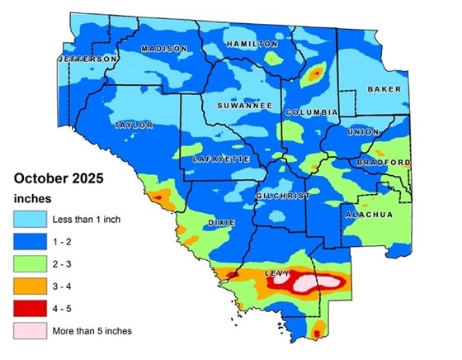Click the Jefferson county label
87,60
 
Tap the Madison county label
164,49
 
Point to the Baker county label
384,88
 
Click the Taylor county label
134,126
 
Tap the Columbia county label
312,111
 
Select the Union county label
364,132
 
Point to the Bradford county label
383,163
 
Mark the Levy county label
276,272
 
